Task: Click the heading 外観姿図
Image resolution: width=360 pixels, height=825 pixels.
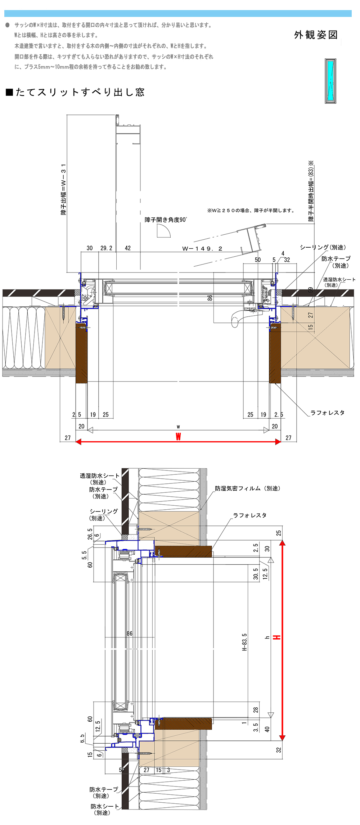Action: click(316, 35)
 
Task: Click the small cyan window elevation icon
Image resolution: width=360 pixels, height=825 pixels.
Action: click(330, 81)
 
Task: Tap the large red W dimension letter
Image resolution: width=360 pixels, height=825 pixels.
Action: click(178, 437)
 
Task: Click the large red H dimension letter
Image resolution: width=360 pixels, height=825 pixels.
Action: click(276, 637)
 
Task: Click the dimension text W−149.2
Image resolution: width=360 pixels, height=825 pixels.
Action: click(202, 249)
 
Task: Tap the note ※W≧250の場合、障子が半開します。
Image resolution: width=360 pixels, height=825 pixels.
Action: click(251, 211)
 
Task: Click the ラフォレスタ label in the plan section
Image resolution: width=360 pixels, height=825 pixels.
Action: click(327, 413)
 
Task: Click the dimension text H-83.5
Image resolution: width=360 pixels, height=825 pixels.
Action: click(244, 642)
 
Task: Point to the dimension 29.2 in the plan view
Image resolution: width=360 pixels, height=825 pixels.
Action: click(106, 248)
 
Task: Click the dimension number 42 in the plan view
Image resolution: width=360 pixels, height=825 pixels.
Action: click(128, 248)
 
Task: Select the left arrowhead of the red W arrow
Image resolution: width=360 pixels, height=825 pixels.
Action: click(78, 442)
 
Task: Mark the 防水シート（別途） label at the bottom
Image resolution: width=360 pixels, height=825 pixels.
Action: click(104, 810)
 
